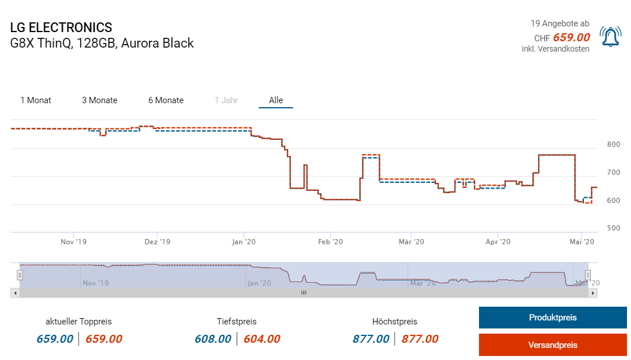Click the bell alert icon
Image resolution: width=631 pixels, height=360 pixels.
click(610, 37)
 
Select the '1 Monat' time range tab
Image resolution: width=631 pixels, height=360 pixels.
click(36, 100)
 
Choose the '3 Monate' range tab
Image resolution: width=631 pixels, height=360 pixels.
click(99, 100)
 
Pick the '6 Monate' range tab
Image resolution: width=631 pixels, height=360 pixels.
click(166, 100)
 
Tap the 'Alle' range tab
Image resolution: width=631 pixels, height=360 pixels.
click(276, 100)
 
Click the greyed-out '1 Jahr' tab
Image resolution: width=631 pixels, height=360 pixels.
click(226, 100)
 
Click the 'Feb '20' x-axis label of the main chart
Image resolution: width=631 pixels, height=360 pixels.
click(330, 242)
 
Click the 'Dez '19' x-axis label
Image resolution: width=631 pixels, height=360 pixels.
click(157, 242)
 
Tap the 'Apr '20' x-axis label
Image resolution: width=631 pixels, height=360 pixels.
click(498, 242)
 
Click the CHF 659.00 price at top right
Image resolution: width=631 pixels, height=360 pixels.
click(571, 38)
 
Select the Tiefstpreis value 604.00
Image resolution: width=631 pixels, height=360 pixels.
click(262, 339)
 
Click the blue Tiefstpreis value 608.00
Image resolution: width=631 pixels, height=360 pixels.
click(213, 339)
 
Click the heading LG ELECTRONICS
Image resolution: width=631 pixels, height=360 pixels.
click(61, 28)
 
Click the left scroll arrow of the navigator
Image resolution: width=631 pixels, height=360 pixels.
click(15, 292)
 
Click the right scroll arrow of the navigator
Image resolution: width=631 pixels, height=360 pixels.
click(594, 292)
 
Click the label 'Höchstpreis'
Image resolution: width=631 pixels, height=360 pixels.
click(395, 322)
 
